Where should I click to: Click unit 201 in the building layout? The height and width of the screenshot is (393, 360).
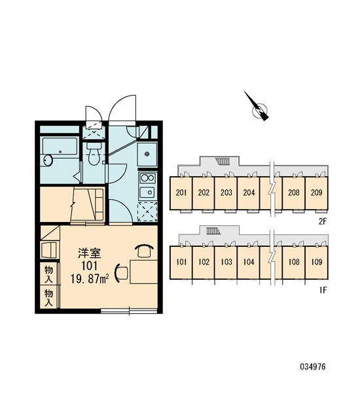click(x=181, y=193)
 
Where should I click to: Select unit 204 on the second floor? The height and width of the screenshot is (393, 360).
click(x=248, y=193)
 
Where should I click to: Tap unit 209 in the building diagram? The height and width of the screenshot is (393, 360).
click(x=316, y=193)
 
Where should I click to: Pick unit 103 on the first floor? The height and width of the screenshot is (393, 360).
click(x=226, y=262)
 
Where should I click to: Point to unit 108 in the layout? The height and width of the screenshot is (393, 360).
click(x=294, y=262)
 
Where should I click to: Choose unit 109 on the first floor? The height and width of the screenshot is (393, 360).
click(x=316, y=262)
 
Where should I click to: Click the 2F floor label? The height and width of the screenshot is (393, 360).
click(x=321, y=221)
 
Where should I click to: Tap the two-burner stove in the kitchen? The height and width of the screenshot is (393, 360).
click(x=147, y=179)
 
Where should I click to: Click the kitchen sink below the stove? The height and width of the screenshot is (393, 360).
click(x=147, y=193)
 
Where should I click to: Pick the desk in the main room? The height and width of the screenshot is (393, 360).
click(x=143, y=271)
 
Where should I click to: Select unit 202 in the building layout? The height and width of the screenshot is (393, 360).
click(x=204, y=193)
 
